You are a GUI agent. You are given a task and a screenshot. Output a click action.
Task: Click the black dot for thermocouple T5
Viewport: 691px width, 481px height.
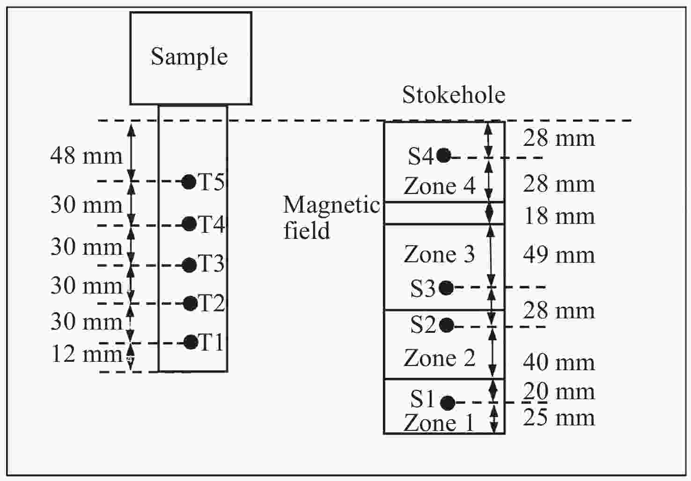(x=189, y=181)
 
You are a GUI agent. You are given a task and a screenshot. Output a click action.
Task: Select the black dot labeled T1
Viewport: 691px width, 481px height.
(x=191, y=342)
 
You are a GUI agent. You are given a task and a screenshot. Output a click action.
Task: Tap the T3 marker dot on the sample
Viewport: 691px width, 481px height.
(x=189, y=265)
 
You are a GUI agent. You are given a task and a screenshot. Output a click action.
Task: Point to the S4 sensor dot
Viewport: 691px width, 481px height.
(x=443, y=155)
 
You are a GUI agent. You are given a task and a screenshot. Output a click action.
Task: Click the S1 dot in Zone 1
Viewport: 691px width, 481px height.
(x=448, y=402)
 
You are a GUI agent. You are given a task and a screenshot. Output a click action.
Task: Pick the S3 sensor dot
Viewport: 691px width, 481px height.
(x=446, y=288)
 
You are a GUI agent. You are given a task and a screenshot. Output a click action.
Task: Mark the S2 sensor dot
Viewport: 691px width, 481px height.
(x=446, y=325)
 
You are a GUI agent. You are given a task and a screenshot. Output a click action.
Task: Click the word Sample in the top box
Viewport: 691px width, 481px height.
(x=189, y=57)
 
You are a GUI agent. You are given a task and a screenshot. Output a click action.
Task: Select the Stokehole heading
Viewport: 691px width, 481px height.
(x=454, y=95)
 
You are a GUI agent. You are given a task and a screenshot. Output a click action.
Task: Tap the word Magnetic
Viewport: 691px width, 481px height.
(x=331, y=205)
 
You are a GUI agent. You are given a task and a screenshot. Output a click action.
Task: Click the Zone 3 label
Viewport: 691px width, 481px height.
(x=439, y=255)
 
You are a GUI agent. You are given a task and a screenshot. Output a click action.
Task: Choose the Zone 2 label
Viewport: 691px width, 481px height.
(x=439, y=359)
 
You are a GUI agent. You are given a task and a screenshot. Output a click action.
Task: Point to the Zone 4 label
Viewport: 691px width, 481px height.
(x=439, y=186)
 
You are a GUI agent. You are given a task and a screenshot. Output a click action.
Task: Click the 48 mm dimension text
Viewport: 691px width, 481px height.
(x=87, y=156)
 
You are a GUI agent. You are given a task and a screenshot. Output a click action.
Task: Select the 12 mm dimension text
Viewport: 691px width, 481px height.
(x=87, y=354)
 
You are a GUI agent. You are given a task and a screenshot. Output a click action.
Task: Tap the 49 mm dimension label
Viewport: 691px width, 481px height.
(x=559, y=255)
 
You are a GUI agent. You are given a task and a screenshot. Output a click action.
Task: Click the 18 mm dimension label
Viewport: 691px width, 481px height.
(x=559, y=216)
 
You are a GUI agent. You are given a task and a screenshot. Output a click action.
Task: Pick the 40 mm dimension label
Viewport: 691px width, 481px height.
(x=559, y=362)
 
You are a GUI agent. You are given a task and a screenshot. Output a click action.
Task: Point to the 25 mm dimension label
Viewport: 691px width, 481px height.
(x=559, y=418)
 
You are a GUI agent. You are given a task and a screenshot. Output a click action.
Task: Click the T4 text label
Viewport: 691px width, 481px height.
(x=212, y=224)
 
